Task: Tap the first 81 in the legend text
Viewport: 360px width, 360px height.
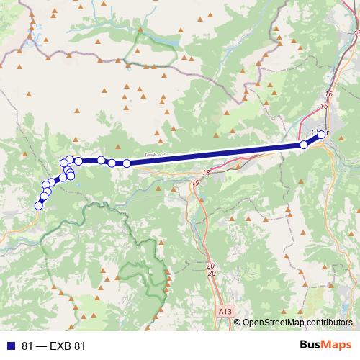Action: click(28, 346)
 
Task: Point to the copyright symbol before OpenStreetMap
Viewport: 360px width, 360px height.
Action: click(238, 323)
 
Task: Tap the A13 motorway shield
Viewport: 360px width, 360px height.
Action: click(225, 311)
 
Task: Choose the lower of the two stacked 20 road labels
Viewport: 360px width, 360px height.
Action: click(211, 274)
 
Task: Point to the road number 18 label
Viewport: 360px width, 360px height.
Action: click(207, 173)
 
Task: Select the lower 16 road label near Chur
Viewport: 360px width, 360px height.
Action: click(323, 107)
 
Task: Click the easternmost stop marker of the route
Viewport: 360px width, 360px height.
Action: click(321, 134)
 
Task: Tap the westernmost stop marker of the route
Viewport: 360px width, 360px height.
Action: click(38, 206)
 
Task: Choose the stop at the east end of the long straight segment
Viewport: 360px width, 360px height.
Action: click(303, 145)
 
